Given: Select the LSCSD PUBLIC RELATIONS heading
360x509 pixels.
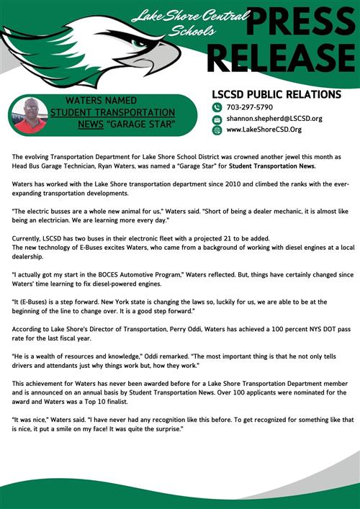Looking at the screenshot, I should point(276,94).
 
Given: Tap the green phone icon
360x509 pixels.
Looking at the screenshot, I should point(217,107).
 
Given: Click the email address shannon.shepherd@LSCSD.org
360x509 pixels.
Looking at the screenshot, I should point(274,118).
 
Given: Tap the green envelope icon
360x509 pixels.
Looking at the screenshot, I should point(217,119).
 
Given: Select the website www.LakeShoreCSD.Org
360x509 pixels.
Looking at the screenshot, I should point(264,130).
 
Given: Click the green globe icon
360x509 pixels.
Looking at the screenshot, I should point(217,130).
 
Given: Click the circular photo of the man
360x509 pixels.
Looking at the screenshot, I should point(30,114).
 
